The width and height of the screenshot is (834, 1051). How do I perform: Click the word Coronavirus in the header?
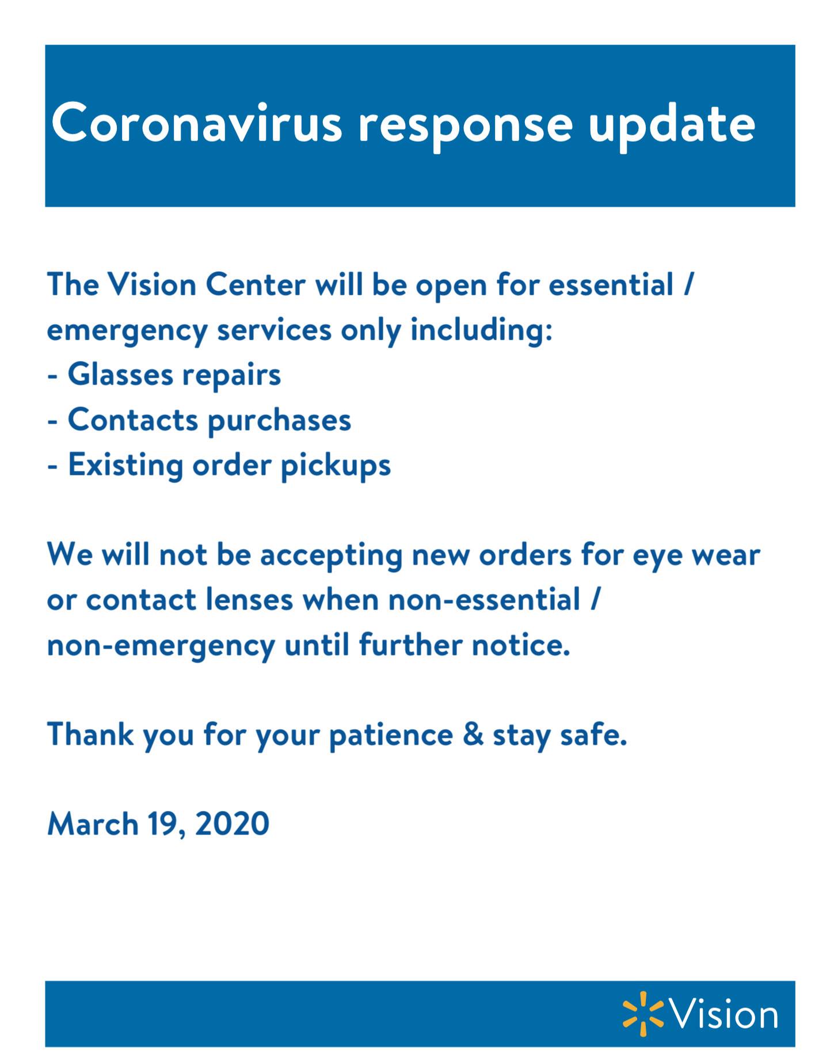coord(197,123)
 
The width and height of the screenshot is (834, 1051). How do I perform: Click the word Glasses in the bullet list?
coord(120,374)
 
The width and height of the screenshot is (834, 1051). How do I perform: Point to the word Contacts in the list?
coord(133,420)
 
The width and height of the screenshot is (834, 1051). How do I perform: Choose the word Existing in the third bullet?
coord(125,465)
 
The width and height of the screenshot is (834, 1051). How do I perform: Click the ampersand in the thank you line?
coord(473,734)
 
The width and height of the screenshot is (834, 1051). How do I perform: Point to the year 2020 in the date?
coord(232,824)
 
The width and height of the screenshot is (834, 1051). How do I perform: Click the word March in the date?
coord(93,824)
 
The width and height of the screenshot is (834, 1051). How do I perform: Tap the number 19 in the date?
coord(163,824)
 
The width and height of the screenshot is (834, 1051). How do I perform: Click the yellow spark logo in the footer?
coord(643,1014)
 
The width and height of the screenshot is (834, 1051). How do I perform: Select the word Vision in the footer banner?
coord(724,1014)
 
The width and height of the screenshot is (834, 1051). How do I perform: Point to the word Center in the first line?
coord(256,285)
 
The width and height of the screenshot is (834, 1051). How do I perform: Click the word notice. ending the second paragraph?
coord(521,645)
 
